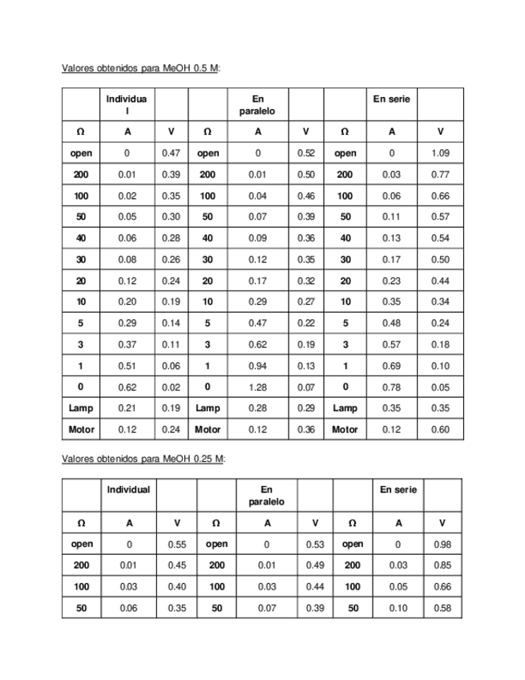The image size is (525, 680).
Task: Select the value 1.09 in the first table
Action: tap(440, 153)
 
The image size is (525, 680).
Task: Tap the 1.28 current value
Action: tap(257, 387)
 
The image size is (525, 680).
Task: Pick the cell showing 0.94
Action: tap(257, 366)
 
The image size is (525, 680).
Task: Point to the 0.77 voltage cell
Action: tap(440, 174)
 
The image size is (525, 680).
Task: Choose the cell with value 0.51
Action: tap(127, 366)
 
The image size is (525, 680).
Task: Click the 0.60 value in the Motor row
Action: tap(440, 430)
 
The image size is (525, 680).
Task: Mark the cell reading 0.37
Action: tap(127, 345)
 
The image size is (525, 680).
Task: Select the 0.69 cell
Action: tap(391, 366)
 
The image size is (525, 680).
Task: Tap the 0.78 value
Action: tap(391, 387)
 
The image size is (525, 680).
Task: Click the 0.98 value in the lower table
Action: tap(442, 544)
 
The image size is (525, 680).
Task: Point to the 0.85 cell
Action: tap(442, 565)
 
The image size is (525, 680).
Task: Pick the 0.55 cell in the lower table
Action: tap(177, 544)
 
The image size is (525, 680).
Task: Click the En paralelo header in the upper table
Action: tap(257, 105)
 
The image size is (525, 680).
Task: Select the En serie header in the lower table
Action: tap(398, 489)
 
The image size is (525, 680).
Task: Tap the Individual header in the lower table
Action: tap(129, 489)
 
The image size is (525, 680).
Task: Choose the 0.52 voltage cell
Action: tap(305, 153)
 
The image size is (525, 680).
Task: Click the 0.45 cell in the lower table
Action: tap(177, 565)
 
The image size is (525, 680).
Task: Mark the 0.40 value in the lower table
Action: tap(177, 587)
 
